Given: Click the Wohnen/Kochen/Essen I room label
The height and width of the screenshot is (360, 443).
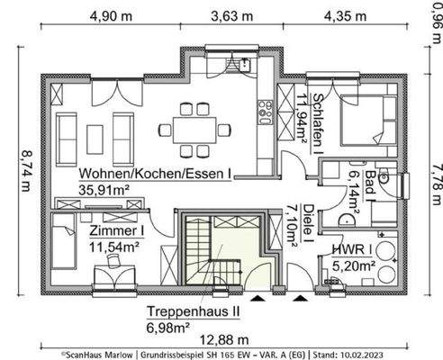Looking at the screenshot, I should pyautogui.click(x=154, y=173).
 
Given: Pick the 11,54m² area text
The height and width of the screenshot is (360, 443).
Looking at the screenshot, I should pyautogui.click(x=113, y=245).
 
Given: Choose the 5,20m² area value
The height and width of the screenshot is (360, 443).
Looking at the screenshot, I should pyautogui.click(x=353, y=265).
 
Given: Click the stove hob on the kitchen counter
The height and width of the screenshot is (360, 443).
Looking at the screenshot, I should pyautogui.click(x=266, y=112).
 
